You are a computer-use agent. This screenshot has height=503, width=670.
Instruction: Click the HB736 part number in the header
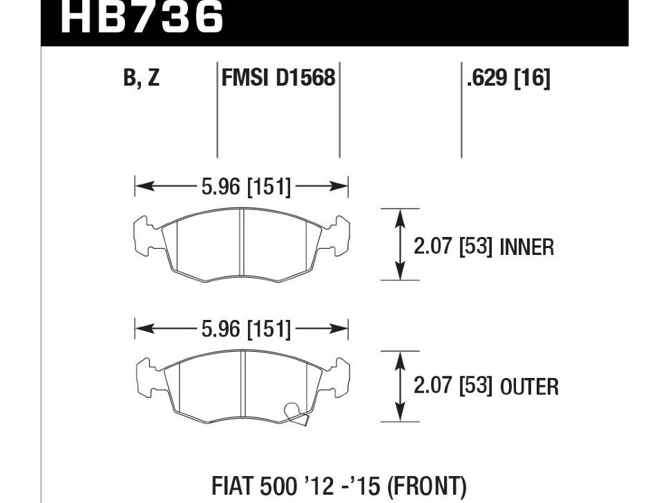pos(142,17)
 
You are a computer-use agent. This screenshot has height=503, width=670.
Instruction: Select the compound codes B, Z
pos(141,78)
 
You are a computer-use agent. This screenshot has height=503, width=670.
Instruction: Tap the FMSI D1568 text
pos(278,78)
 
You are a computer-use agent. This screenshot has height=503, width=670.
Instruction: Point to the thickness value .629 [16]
pos(508,78)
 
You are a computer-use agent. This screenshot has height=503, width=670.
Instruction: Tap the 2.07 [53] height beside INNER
pos(452,247)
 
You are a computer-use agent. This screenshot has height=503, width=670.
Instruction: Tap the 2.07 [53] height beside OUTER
pos(452,386)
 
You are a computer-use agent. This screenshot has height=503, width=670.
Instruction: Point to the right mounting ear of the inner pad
pos(341,235)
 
